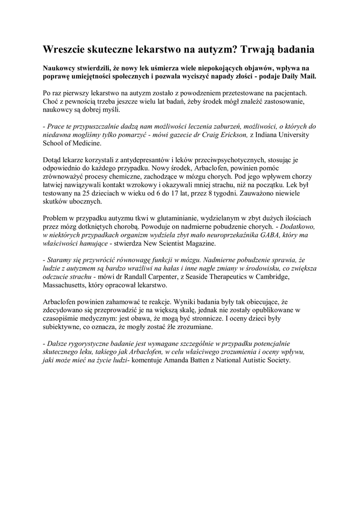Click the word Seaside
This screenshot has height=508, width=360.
pos(204,277)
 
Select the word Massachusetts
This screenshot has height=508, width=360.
pos(65,286)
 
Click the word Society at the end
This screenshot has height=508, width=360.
pos(276,361)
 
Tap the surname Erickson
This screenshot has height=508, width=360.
pos(234,135)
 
